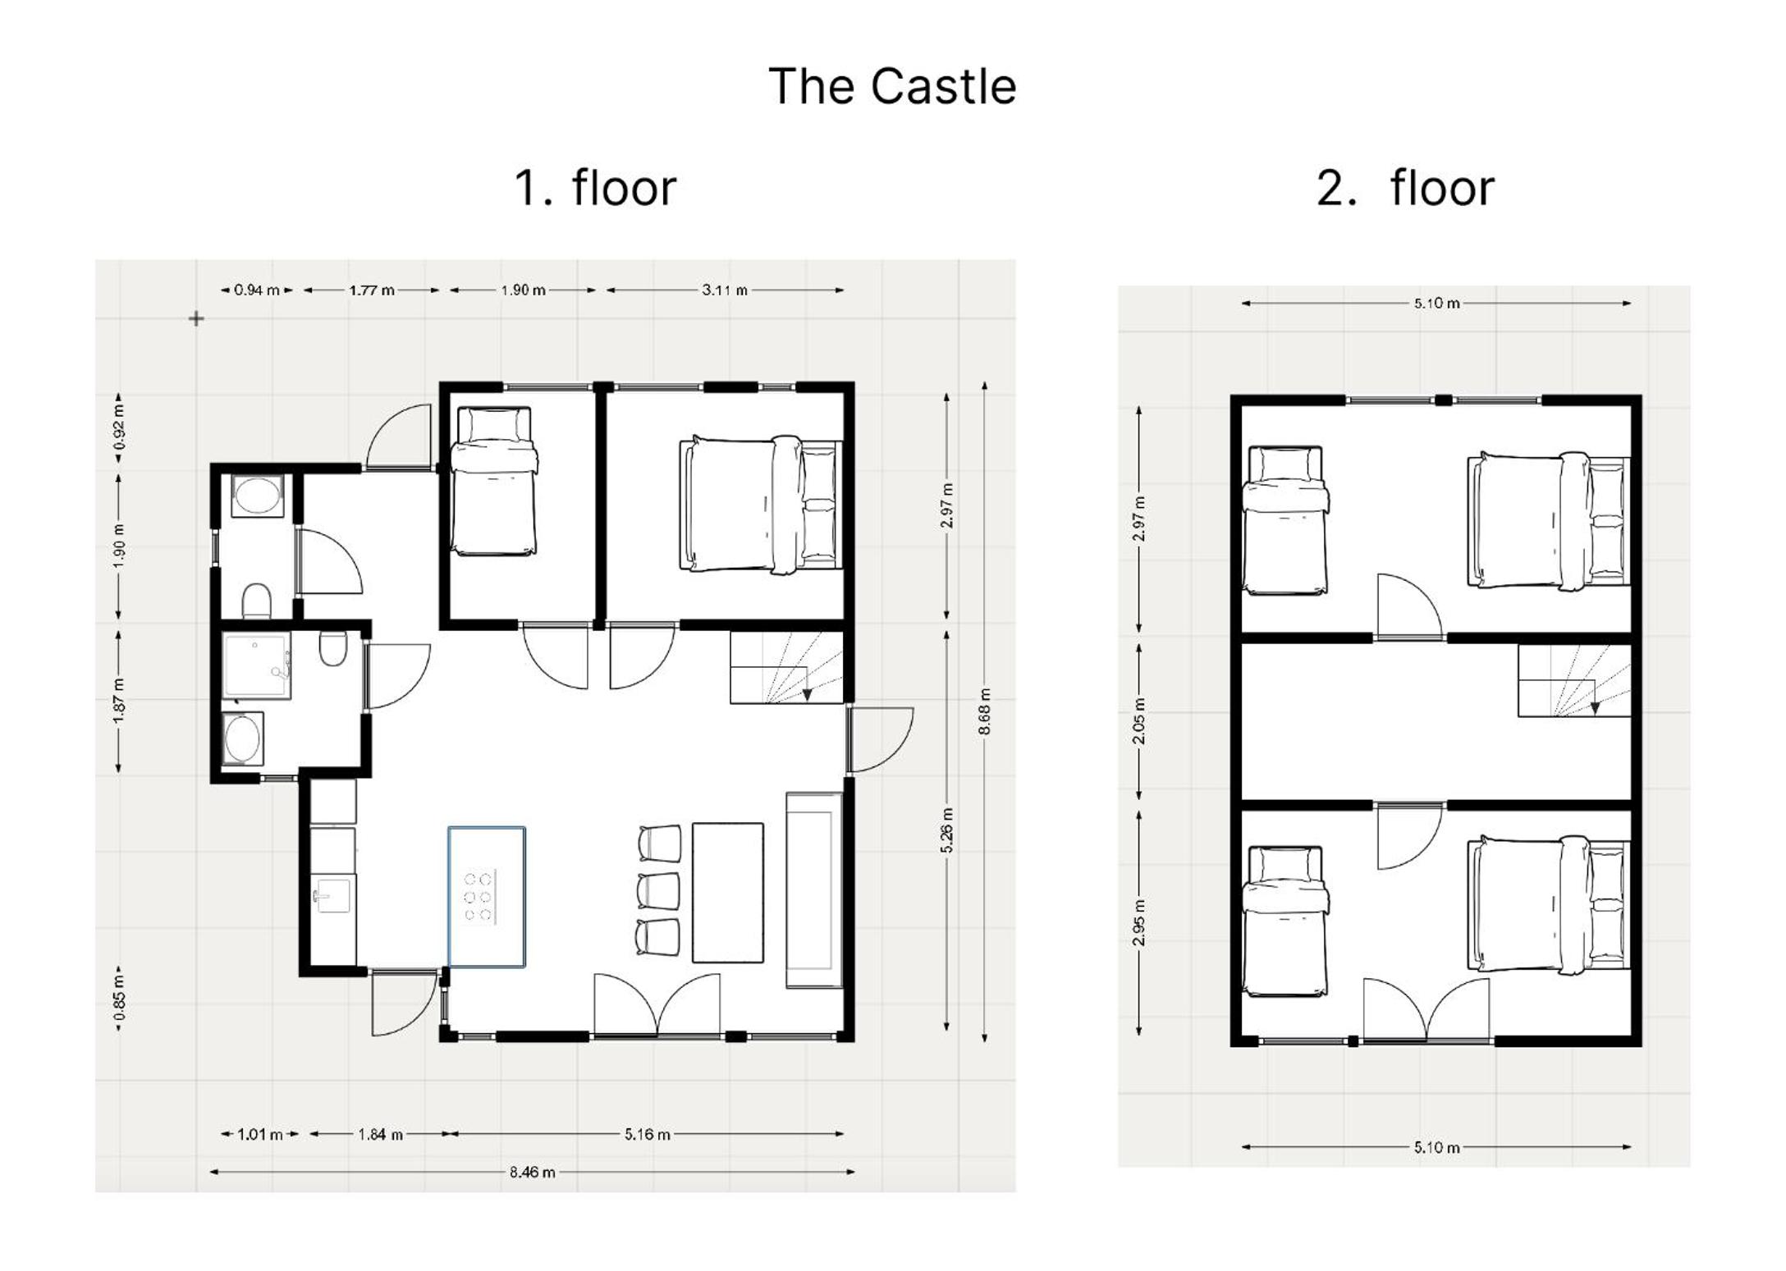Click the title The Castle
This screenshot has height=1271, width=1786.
(x=892, y=86)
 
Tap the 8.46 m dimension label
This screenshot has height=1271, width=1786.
(x=532, y=1172)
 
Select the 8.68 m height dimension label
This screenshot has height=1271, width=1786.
(x=985, y=711)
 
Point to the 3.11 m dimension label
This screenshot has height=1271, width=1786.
(x=725, y=290)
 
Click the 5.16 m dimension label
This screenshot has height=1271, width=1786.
(x=647, y=1134)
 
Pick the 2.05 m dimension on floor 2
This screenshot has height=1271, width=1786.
(x=1139, y=721)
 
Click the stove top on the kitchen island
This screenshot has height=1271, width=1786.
(x=479, y=896)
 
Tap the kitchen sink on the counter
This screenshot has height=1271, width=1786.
(x=333, y=895)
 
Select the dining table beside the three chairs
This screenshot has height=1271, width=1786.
(x=728, y=893)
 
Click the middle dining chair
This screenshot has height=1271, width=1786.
(x=658, y=891)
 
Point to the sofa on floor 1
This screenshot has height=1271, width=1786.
(x=814, y=889)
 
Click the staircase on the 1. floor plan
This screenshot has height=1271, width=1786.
(x=787, y=667)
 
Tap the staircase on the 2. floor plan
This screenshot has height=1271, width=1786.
(x=1574, y=680)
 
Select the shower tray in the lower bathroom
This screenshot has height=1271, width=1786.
(x=256, y=665)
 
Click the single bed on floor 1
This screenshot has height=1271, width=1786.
(x=494, y=482)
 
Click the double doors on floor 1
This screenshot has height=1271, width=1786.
(x=657, y=1004)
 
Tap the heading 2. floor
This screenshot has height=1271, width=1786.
(x=1405, y=187)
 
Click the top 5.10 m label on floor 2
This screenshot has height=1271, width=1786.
(x=1436, y=303)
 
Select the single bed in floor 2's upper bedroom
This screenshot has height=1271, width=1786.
(x=1285, y=520)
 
